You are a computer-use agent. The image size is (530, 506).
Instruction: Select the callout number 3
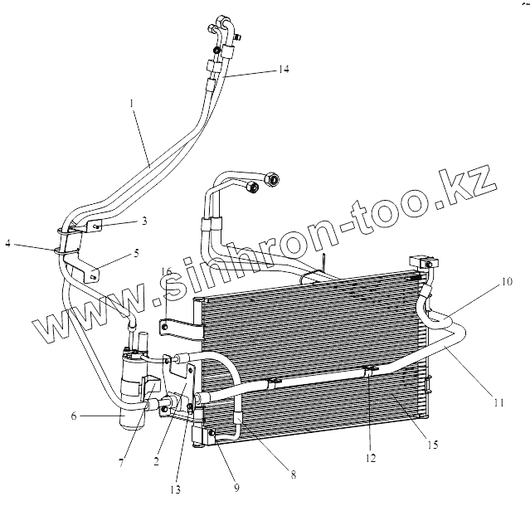pos(143,221)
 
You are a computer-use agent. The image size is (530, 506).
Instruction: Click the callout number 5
pos(138,254)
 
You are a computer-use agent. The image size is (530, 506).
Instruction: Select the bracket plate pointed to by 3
pos(93,222)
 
